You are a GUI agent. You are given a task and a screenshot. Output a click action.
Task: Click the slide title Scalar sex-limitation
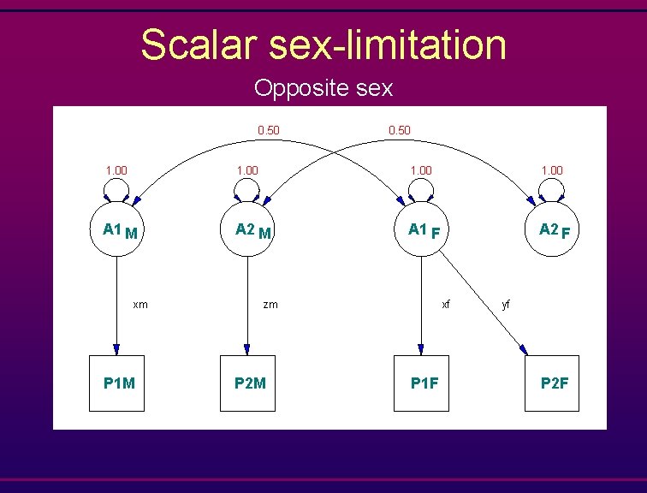pyautogui.click(x=323, y=45)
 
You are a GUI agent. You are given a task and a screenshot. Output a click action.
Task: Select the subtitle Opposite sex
pyautogui.click(x=323, y=87)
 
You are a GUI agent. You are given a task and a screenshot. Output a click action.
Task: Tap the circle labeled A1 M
pyautogui.click(x=117, y=229)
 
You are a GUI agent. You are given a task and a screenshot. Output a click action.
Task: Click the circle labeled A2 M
pyautogui.click(x=248, y=229)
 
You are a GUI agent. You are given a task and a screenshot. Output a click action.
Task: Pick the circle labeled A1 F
pyautogui.click(x=420, y=229)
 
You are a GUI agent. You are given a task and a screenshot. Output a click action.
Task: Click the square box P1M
pyautogui.click(x=118, y=383)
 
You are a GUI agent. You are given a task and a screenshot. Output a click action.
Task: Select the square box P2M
pyautogui.click(x=248, y=383)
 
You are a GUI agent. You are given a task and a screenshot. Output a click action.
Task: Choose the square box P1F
pyautogui.click(x=420, y=383)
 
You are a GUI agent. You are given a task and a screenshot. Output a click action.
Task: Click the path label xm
pyautogui.click(x=140, y=304)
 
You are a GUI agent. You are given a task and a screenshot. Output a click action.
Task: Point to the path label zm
pyautogui.click(x=270, y=304)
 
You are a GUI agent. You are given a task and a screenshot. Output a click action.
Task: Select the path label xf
pyautogui.click(x=445, y=304)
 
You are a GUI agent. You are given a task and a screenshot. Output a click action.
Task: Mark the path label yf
pyautogui.click(x=507, y=304)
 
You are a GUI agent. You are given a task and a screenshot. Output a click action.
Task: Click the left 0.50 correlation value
pyautogui.click(x=269, y=130)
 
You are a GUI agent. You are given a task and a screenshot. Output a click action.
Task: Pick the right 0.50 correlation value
pyautogui.click(x=399, y=130)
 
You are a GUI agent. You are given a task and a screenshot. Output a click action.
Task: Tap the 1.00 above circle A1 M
pyautogui.click(x=116, y=170)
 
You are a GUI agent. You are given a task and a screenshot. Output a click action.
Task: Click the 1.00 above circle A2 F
pyautogui.click(x=552, y=170)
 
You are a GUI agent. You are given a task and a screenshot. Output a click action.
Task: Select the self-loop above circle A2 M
pyautogui.click(x=248, y=192)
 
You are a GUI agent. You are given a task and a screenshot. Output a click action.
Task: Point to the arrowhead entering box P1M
pyautogui.click(x=117, y=349)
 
